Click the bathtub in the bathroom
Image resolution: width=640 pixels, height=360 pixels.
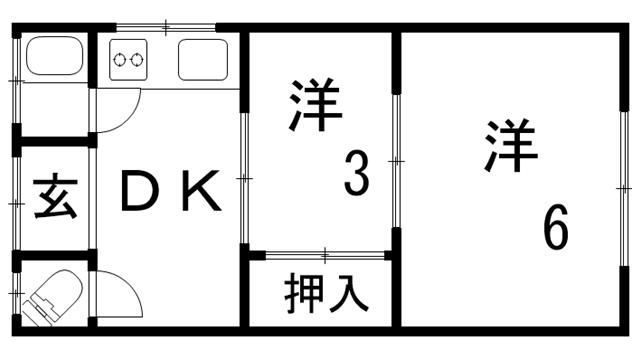[x=56, y=59]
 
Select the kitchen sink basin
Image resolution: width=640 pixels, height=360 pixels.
[x=204, y=60]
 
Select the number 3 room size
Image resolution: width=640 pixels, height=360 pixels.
[x=357, y=173]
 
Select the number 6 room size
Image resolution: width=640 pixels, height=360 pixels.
[x=556, y=229]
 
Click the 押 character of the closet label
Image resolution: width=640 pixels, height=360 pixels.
[x=301, y=292]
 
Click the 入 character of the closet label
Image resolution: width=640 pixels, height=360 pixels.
[x=348, y=292]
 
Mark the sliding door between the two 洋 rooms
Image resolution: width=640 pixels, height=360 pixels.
[x=396, y=160]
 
